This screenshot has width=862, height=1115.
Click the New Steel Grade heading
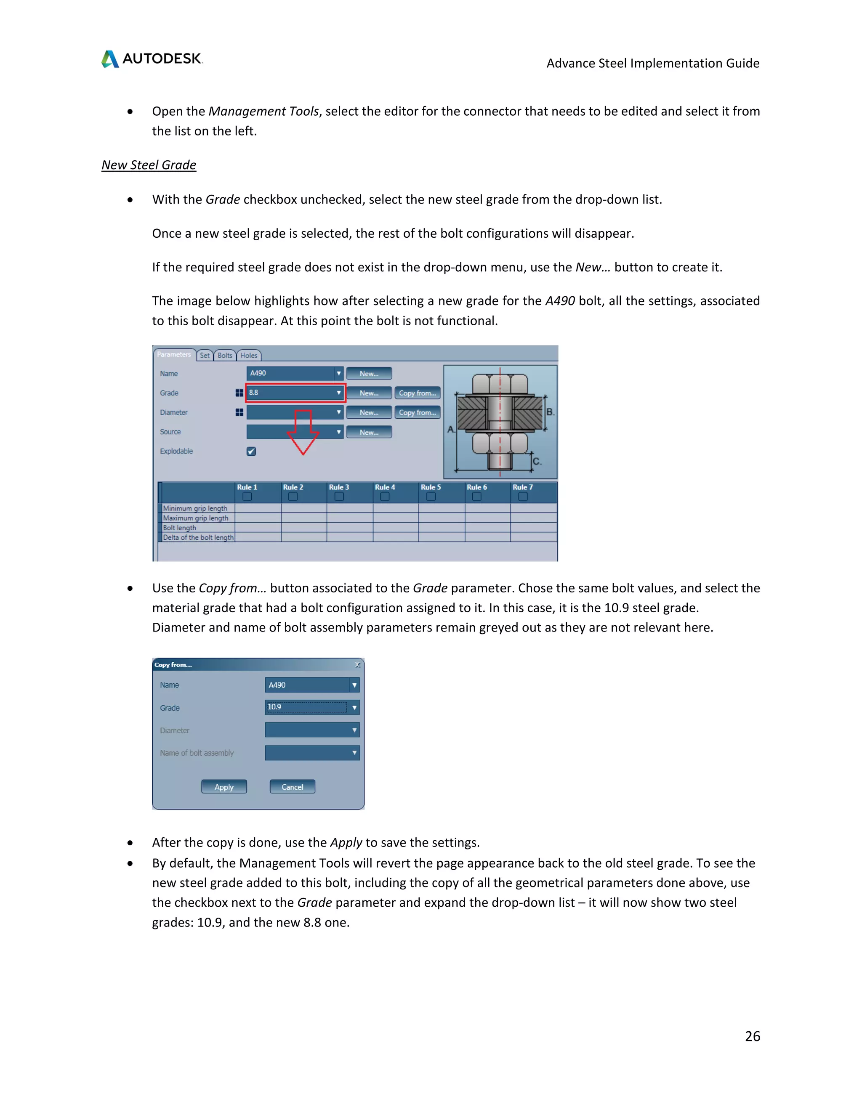coord(149,165)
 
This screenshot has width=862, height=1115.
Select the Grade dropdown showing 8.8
coord(295,393)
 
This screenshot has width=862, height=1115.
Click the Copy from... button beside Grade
coord(417,393)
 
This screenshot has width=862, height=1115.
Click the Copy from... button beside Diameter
coord(417,412)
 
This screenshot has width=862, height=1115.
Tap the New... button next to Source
coord(369,432)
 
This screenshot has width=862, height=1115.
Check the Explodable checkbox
coord(251,451)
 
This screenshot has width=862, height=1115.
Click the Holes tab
coord(249,356)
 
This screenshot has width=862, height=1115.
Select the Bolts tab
coord(225,356)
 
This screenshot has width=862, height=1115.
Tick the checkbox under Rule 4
coord(385,496)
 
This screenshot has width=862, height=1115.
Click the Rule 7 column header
coord(522,487)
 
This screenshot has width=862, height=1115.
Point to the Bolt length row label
coord(180,527)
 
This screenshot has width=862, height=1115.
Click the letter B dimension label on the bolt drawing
coord(549,411)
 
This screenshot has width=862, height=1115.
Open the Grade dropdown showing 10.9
coord(312,707)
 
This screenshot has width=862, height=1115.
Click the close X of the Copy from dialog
coord(357,664)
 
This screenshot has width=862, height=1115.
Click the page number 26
coord(752,1036)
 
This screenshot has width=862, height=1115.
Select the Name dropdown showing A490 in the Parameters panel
coord(295,373)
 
